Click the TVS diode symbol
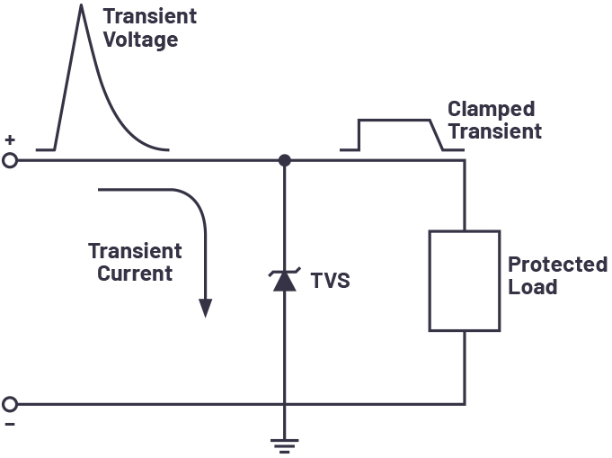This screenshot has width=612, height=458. pos(285,280)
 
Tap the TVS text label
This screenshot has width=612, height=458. pos(330,281)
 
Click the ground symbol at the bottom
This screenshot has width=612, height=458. pos(285,446)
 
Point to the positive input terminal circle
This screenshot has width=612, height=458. pos(10,160)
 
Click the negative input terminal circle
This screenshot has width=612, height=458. pos(10,404)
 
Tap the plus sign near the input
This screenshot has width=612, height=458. pos(10,139)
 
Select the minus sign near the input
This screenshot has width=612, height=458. pos(10,425)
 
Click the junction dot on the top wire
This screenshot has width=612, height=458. pos(285,160)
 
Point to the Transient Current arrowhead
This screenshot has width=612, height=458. pos(205,308)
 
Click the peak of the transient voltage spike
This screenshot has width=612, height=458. pos(81,4)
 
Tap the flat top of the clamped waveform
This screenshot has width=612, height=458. pos(395,121)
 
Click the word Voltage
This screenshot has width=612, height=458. pos(141,40)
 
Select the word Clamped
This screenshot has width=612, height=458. pos(491,110)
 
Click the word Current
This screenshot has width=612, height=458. pos(135,274)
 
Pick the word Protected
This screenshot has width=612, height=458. pos(558,265)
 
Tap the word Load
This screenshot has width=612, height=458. pos(532,287)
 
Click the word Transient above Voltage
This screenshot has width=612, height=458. pos(150,16)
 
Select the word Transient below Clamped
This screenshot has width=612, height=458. pos(495,130)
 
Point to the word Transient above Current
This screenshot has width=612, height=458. pos(135,251)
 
